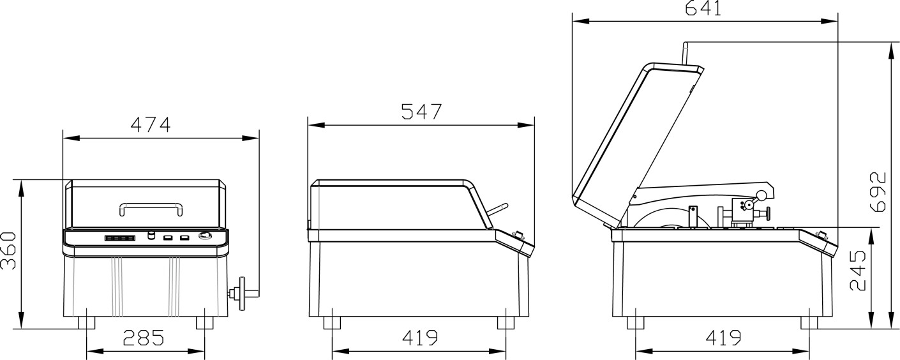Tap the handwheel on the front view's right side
pos(243,294)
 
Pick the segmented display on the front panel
pos(120,237)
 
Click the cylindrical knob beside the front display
pos(151,236)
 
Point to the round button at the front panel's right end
pos(206,236)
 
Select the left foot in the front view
pos(86,322)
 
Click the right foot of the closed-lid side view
pos(506,322)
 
